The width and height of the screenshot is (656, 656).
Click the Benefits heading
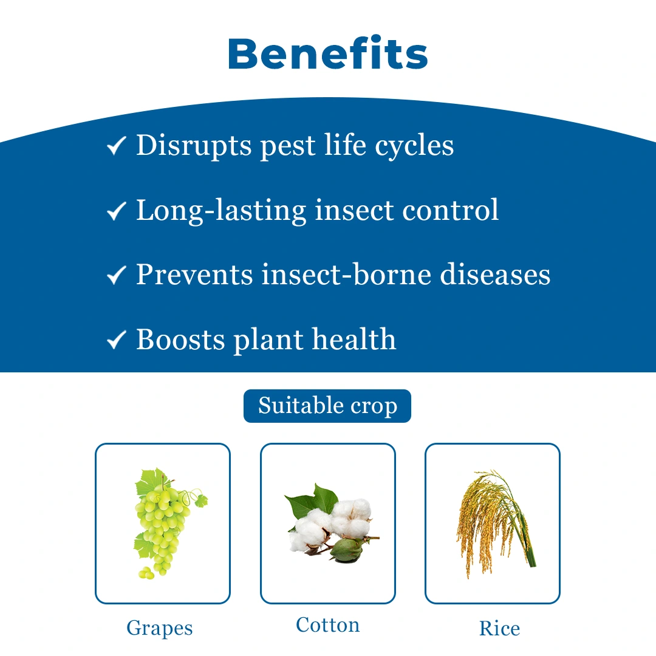(x=327, y=53)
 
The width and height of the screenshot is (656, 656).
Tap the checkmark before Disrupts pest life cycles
(x=116, y=146)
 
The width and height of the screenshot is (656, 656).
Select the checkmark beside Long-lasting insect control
(x=116, y=210)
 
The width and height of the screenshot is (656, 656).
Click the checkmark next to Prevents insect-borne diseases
(x=116, y=275)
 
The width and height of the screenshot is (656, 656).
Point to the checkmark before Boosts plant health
(x=116, y=340)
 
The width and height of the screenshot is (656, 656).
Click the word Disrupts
(x=194, y=146)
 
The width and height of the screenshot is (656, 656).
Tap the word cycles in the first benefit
(x=414, y=146)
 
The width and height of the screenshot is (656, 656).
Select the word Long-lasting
(x=221, y=211)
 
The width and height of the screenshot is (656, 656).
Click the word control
(x=450, y=210)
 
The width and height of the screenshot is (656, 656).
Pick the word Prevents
(x=194, y=275)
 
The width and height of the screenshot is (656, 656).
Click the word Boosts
(x=180, y=340)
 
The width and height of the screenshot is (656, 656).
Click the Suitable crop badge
(x=327, y=406)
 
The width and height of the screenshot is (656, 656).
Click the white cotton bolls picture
(x=332, y=523)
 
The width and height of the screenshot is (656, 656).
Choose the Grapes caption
(x=160, y=629)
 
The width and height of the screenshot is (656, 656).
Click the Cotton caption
(x=327, y=625)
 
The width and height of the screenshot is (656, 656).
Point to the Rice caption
(x=499, y=629)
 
